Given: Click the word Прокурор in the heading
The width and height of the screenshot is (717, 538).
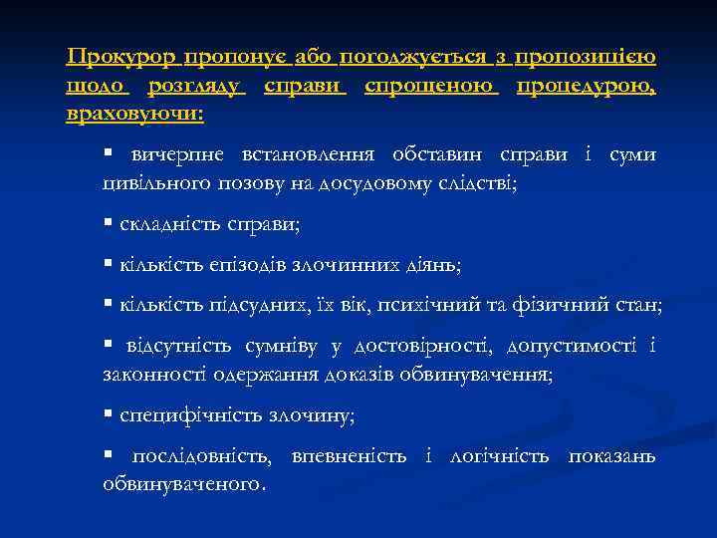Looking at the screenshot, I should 114,59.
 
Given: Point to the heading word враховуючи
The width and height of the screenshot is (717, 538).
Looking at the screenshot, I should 134,115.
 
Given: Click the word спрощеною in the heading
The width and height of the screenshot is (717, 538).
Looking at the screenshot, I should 430,87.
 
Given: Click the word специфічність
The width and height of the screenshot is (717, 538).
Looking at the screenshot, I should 182,413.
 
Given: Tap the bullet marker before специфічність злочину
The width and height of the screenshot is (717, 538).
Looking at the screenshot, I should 109,413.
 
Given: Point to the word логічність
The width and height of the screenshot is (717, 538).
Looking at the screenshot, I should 499,456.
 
